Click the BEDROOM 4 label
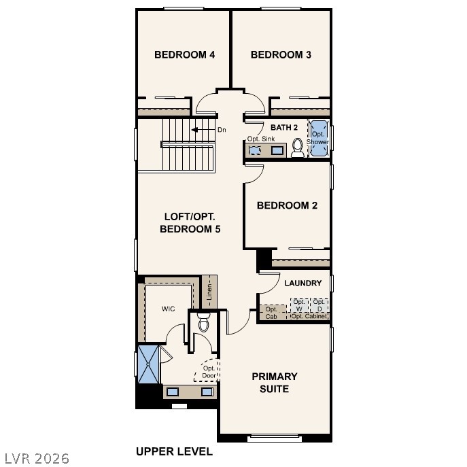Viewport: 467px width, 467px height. point(184,55)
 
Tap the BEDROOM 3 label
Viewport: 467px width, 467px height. point(281,55)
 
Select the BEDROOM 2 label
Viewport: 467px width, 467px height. point(287,205)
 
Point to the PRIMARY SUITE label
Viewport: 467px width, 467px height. point(275,383)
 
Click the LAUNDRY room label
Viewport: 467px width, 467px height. point(302,283)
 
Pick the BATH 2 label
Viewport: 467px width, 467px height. point(284,128)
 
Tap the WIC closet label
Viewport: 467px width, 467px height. point(168,309)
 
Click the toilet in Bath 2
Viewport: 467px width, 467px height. point(297,148)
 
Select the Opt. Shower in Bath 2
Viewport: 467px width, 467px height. point(318,139)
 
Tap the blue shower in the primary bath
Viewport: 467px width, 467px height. point(148,365)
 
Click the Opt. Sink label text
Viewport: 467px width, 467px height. point(260,139)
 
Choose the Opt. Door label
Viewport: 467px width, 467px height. point(209,372)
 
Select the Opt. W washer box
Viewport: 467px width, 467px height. point(299,305)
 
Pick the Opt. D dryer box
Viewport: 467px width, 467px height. point(319,305)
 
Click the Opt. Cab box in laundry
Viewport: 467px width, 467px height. point(272,313)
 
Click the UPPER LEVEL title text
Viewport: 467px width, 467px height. point(174,451)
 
